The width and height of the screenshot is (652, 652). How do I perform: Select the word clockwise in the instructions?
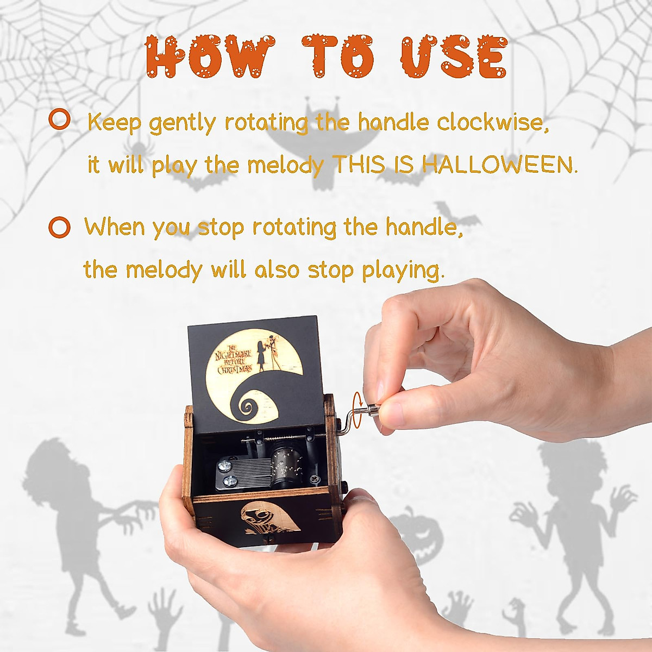[492, 123]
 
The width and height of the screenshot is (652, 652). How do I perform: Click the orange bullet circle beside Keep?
[59, 120]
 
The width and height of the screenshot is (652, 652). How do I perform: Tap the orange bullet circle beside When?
[59, 227]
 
